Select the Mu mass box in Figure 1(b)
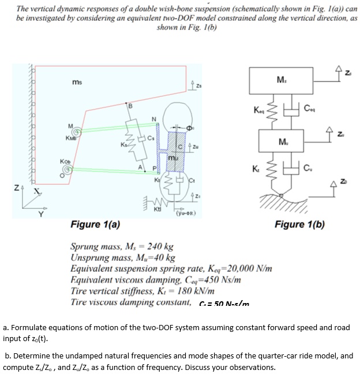(x=281, y=142)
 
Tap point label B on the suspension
(x=130, y=105)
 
